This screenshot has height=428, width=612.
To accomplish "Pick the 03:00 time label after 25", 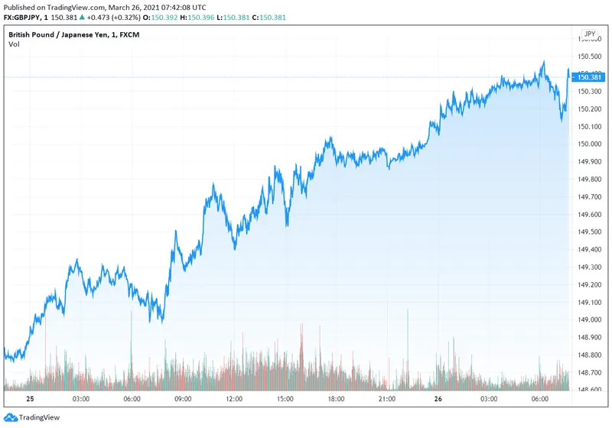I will tap(80, 399).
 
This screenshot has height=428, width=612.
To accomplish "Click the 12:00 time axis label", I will tap(234, 399).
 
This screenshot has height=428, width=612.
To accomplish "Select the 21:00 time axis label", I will tap(387, 399).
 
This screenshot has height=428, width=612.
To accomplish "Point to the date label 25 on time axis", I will tap(30, 399).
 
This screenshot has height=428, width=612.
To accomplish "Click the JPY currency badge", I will tap(589, 34).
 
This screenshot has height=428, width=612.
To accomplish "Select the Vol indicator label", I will tap(14, 44).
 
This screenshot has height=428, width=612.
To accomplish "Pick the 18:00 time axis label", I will tap(336, 399).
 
